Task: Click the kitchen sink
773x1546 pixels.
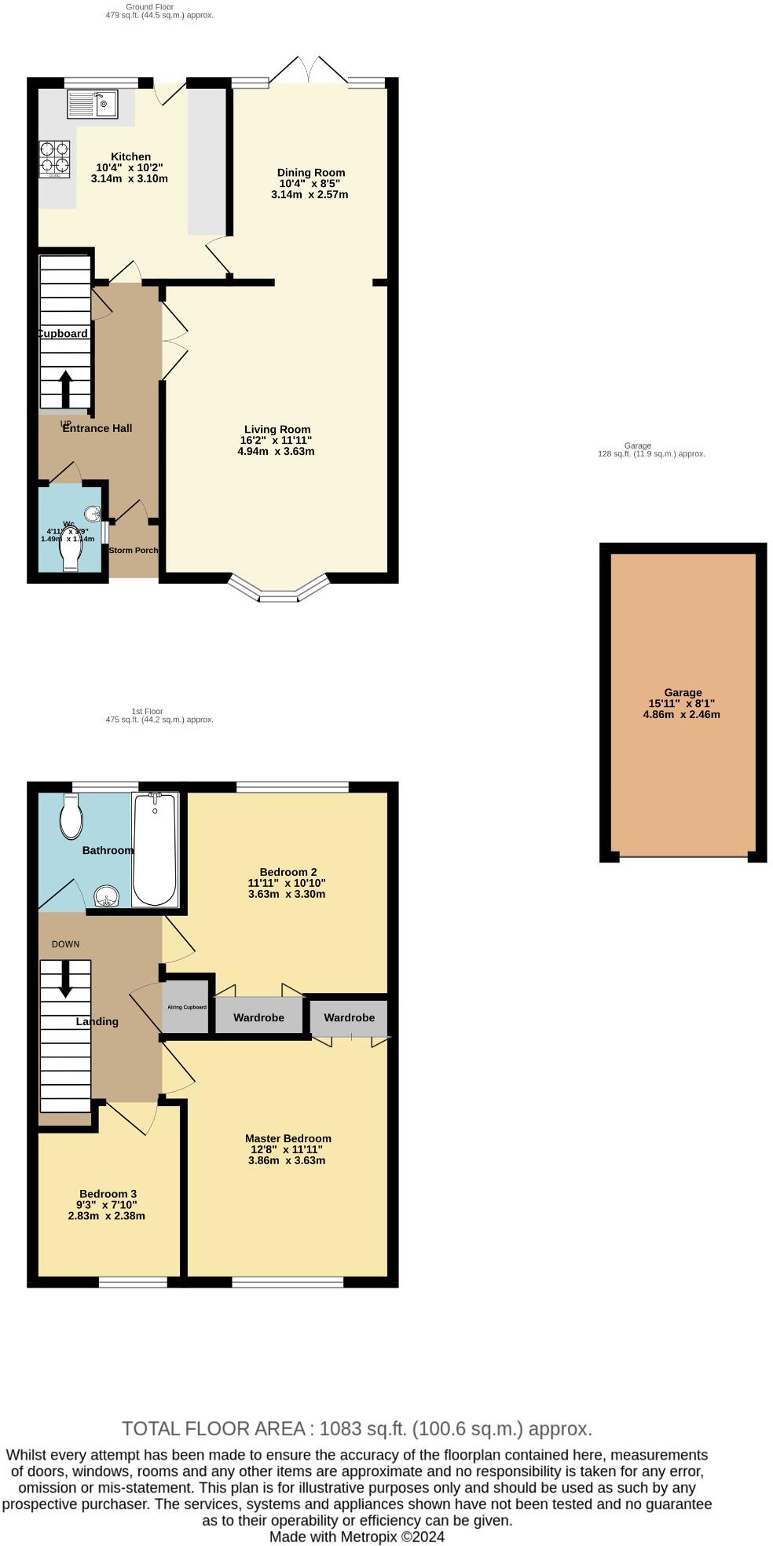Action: (x=92, y=104)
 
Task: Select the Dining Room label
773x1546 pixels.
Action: (x=311, y=173)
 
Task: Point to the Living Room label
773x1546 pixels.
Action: (x=277, y=429)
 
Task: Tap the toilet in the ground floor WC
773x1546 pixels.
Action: (x=70, y=548)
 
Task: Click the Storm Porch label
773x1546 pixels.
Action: (x=134, y=550)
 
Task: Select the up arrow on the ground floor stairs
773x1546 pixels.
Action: (x=65, y=387)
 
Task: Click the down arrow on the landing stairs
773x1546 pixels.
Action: (x=65, y=979)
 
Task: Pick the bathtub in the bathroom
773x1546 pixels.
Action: (x=154, y=849)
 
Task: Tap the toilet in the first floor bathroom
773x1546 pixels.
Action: (x=71, y=816)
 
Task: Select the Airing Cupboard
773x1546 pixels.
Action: (x=186, y=1006)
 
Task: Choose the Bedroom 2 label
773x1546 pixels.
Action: (x=288, y=872)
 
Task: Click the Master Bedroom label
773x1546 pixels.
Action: (x=288, y=1138)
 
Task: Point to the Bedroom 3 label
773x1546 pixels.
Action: (x=108, y=1193)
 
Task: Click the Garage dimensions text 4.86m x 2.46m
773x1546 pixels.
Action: (x=681, y=714)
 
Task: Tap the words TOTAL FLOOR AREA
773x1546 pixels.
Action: (x=214, y=1428)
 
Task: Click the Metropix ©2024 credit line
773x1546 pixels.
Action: (x=357, y=1537)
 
